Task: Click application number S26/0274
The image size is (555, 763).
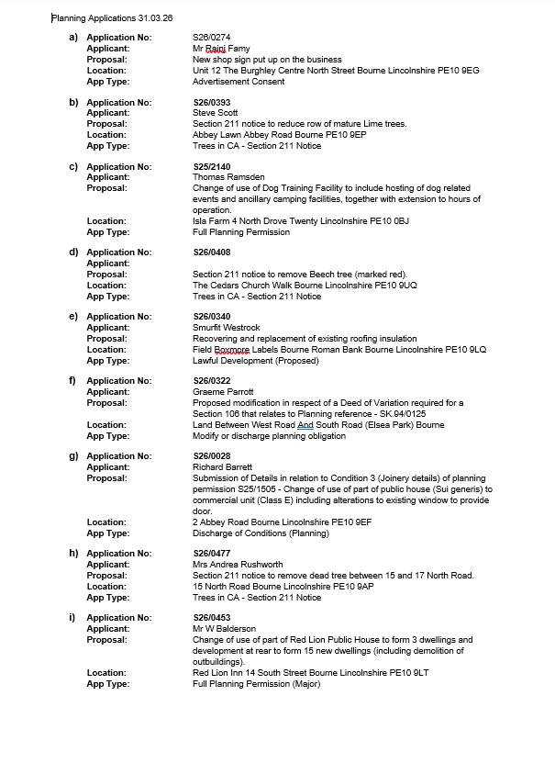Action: click(212, 38)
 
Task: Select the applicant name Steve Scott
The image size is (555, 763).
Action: click(216, 113)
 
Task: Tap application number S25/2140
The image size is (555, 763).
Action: click(212, 167)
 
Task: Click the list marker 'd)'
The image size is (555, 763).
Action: click(73, 252)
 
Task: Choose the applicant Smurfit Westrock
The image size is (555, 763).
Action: click(226, 328)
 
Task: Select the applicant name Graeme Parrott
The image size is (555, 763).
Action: click(223, 392)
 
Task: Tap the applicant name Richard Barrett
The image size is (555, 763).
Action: click(223, 467)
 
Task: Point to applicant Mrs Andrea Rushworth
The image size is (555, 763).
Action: click(238, 565)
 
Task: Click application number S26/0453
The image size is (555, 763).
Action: click(212, 618)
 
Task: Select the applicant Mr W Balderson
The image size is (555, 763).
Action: click(224, 629)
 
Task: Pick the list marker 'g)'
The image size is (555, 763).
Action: click(73, 456)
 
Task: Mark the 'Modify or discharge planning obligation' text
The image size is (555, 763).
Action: click(269, 436)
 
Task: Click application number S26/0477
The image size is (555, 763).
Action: click(212, 554)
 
